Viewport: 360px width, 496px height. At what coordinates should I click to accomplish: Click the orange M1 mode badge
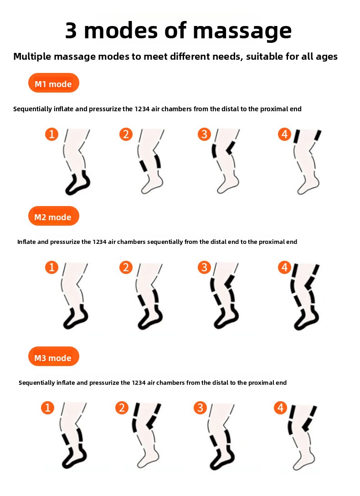click(x=53, y=83)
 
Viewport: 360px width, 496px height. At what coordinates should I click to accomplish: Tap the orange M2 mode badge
click(x=53, y=216)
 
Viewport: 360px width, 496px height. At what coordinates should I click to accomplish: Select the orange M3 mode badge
click(x=53, y=356)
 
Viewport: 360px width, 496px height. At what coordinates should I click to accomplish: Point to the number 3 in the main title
click(x=71, y=31)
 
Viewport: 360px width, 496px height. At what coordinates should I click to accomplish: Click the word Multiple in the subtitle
click(x=32, y=57)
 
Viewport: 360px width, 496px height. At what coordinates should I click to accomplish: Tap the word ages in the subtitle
click(x=326, y=57)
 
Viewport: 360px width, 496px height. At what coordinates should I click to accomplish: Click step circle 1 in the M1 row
click(x=52, y=134)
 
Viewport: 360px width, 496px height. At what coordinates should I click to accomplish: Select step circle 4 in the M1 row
click(x=284, y=134)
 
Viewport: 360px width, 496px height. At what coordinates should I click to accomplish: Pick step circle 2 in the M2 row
click(x=126, y=267)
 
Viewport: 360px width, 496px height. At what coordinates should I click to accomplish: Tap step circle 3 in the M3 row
click(x=200, y=408)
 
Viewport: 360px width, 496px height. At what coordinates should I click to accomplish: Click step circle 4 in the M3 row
click(x=280, y=408)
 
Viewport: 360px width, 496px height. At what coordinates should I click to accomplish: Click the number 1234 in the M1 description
click(x=142, y=109)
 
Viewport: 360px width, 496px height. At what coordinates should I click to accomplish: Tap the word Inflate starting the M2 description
click(x=26, y=242)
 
